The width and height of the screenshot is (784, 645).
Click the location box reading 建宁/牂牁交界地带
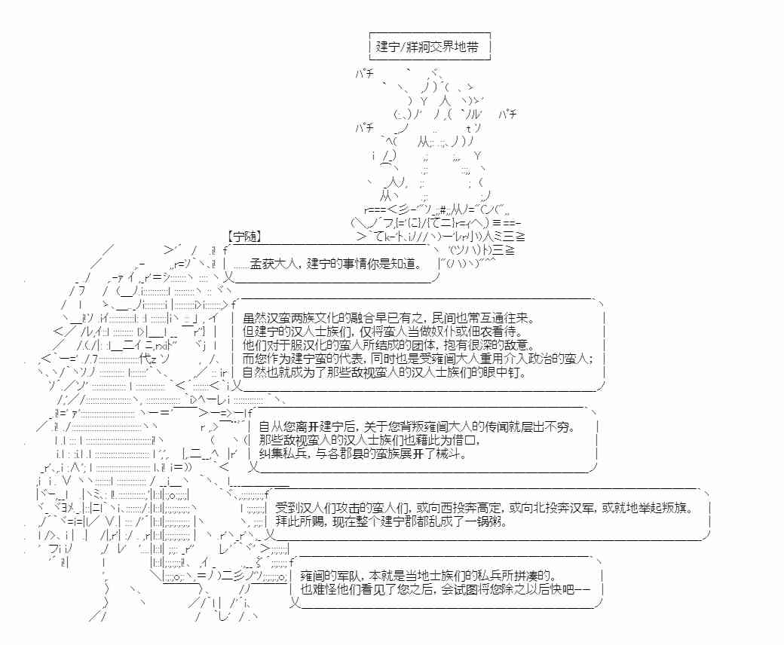coord(430,47)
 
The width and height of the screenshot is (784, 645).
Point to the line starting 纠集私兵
coord(363,454)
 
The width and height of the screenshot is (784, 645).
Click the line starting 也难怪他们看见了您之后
coord(446,588)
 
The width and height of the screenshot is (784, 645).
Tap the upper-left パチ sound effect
coord(365,73)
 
